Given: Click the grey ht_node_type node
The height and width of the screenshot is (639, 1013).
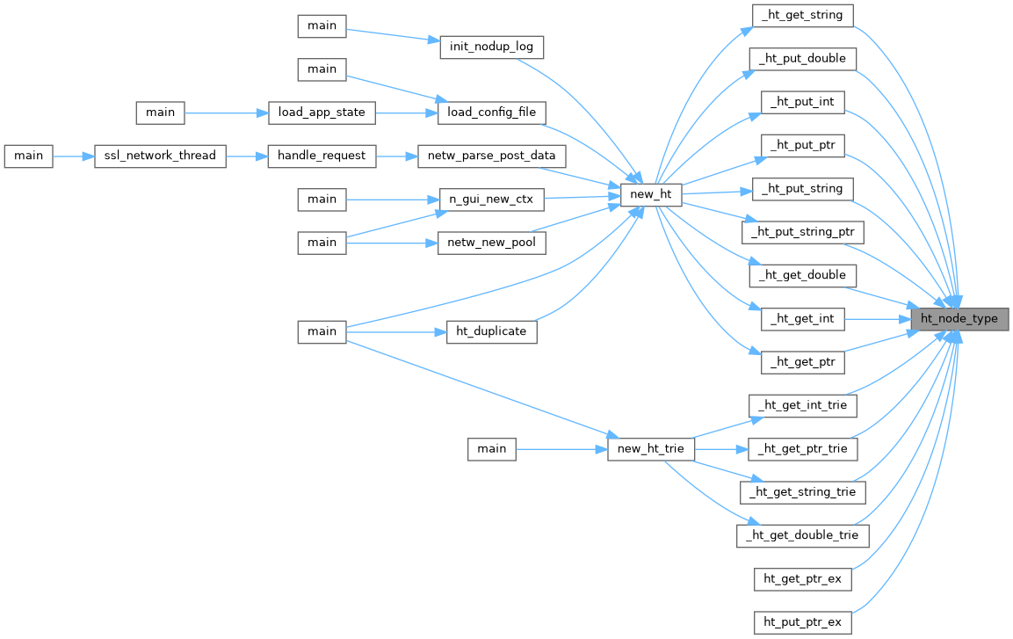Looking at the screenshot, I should pyautogui.click(x=959, y=319).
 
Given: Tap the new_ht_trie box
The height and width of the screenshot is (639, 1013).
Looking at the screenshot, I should pyautogui.click(x=651, y=449).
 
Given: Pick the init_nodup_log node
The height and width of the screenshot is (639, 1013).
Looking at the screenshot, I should pyautogui.click(x=492, y=47).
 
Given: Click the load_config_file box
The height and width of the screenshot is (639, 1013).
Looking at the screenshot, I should pyautogui.click(x=492, y=113).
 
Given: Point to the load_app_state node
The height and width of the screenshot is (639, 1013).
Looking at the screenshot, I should pyautogui.click(x=322, y=113).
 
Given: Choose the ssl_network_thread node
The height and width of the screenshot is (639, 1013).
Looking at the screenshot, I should pyautogui.click(x=160, y=156).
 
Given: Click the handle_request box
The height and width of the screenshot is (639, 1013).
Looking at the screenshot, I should pyautogui.click(x=322, y=156).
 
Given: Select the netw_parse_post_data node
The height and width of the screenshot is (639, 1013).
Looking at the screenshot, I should pyautogui.click(x=492, y=156).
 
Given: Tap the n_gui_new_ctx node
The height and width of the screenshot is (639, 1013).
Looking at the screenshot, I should pyautogui.click(x=492, y=199).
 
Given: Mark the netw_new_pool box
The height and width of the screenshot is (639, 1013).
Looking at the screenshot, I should pyautogui.click(x=492, y=242).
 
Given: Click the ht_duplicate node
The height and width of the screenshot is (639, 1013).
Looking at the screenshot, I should pyautogui.click(x=492, y=331).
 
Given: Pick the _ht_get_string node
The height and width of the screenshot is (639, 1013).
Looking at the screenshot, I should pyautogui.click(x=803, y=15).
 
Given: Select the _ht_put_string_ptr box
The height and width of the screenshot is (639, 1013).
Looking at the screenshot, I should pyautogui.click(x=803, y=232).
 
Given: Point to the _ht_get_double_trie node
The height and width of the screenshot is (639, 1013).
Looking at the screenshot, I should pyautogui.click(x=803, y=535).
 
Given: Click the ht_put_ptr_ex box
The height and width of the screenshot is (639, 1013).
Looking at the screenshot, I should pyautogui.click(x=803, y=622).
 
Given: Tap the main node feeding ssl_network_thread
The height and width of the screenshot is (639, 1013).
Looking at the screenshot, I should pyautogui.click(x=28, y=156).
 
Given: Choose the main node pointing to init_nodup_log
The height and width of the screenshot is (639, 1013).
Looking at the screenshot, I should pyautogui.click(x=322, y=25).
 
